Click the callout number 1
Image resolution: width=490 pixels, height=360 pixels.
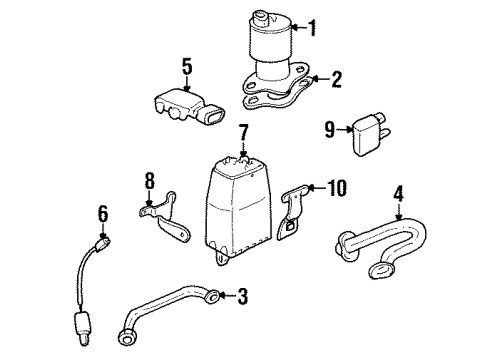point(313,27)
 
